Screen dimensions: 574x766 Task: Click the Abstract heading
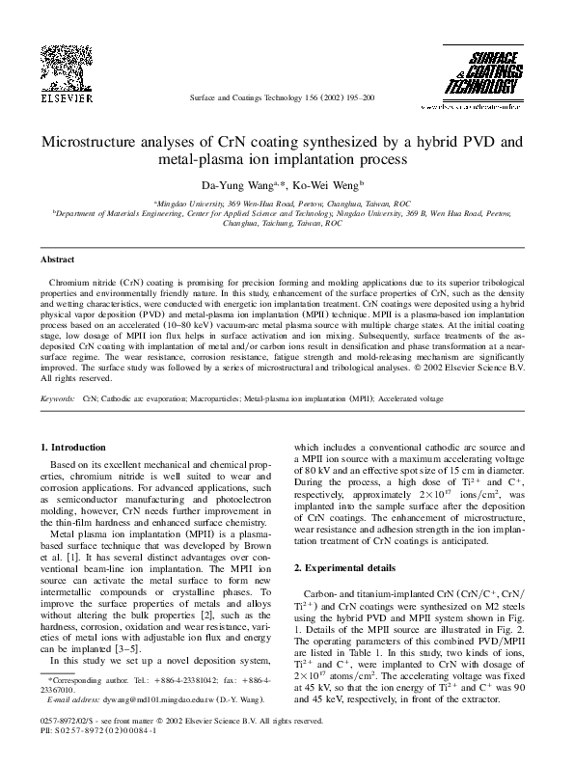pos(58,260)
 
